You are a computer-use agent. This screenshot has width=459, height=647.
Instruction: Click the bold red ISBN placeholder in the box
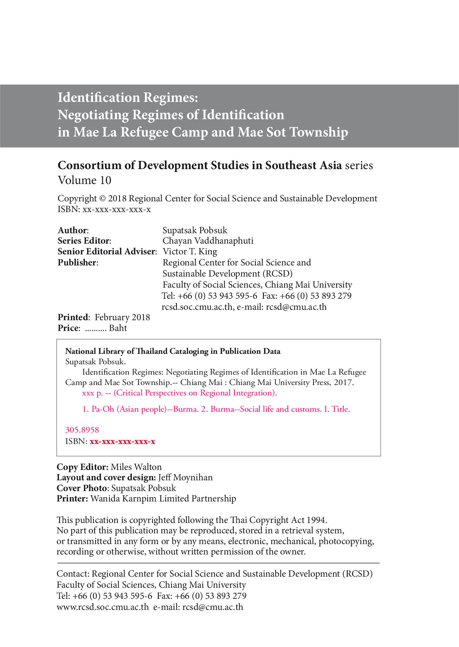pos(122,441)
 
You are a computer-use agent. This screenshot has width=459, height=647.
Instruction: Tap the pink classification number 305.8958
pos(82,430)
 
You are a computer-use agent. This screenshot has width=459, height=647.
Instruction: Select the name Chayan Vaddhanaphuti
pos(208,241)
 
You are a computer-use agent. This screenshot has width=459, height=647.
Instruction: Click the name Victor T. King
pos(190,251)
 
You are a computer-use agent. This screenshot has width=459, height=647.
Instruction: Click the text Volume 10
pos(84,180)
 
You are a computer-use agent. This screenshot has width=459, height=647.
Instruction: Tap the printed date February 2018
pos(122,317)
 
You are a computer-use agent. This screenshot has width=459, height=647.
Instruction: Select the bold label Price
pos(68,328)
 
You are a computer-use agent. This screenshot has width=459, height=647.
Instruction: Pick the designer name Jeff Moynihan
pos(185,477)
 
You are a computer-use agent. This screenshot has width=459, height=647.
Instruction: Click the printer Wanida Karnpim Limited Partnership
pos(163,498)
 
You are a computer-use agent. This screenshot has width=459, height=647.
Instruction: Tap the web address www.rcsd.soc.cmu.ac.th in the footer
pos(103,607)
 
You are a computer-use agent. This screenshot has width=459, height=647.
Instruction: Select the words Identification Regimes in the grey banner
pos(128,97)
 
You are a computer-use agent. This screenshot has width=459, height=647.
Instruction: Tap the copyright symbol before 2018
pos(102,199)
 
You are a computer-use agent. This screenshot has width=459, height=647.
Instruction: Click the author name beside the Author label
pos(195,230)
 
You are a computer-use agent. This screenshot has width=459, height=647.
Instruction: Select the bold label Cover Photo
pos(82,488)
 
